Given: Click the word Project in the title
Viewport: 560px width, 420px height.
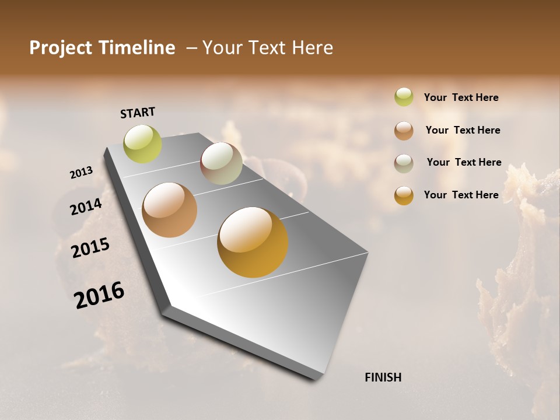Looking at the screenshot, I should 61,48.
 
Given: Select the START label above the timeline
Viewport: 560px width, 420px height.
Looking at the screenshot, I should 138,113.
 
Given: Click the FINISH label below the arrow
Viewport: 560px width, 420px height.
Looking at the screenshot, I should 383,377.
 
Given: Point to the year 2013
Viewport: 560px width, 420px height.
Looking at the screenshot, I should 81,173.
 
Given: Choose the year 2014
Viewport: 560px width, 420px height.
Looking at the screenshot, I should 86,207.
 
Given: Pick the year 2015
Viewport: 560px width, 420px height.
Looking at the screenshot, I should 90,248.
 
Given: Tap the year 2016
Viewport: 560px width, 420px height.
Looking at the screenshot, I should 99,295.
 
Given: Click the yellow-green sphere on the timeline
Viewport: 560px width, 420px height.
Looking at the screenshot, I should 143,144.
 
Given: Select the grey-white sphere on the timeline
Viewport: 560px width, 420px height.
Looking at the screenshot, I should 221,163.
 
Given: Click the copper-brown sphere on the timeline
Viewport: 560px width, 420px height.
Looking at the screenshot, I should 170,210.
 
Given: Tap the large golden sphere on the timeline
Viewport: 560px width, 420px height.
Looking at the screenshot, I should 253,242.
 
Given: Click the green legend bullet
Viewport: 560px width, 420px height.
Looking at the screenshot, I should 404,97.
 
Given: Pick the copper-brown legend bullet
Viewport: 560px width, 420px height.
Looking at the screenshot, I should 404,131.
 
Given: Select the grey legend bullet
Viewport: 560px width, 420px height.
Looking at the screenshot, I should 404,163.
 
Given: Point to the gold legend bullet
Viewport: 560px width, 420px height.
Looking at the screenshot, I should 404,195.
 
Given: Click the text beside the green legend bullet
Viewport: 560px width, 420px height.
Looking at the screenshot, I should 461,97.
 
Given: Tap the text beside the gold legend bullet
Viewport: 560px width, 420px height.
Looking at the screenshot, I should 461,195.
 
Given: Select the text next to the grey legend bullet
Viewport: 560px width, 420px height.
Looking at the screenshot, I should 464,162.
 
